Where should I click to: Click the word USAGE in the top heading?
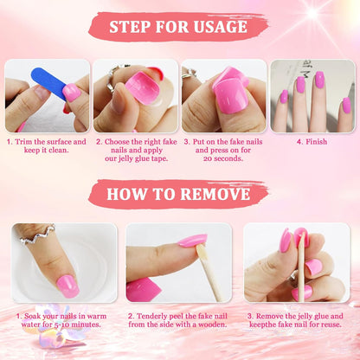221,27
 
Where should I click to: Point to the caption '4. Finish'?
312,142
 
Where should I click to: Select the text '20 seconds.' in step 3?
223,158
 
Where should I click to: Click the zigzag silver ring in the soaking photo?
36,235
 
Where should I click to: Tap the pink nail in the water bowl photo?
67,286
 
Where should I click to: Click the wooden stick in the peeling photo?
209,271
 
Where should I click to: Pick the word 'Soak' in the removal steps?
32,316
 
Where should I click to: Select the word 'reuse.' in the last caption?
331,325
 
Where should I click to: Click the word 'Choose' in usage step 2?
117,142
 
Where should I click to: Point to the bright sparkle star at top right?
313,13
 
